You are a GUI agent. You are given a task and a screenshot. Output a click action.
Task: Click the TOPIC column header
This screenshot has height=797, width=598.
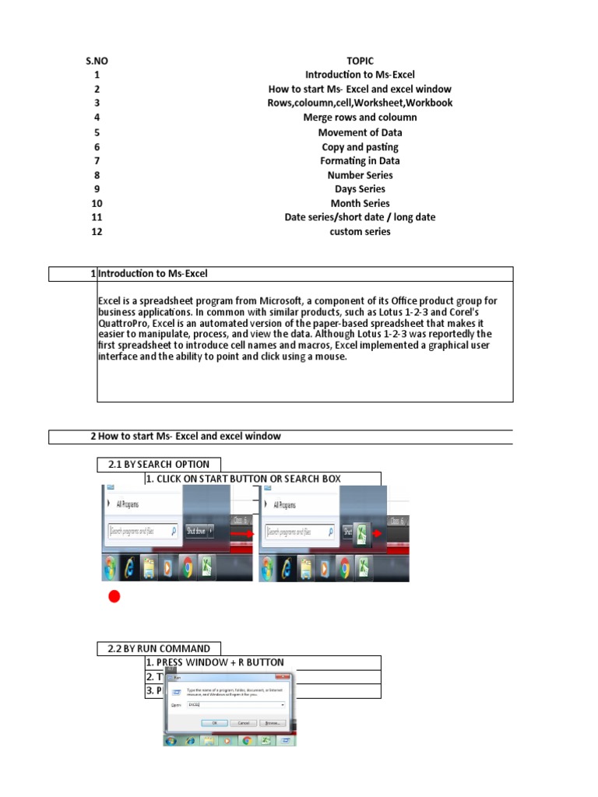point(360,61)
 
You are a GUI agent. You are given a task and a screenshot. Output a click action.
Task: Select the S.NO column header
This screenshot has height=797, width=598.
point(97,61)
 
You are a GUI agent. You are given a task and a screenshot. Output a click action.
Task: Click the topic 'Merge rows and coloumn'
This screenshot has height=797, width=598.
point(360,118)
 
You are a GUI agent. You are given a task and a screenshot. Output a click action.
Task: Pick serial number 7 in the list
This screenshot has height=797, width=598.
point(97,161)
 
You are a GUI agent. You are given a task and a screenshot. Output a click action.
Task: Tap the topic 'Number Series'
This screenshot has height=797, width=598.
point(360,175)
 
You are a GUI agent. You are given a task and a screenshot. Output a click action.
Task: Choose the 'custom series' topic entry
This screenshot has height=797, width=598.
point(360,231)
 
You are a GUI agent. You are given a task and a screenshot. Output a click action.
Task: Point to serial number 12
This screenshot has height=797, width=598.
point(97,231)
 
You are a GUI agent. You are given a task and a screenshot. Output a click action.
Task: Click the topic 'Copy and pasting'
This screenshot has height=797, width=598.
point(360,147)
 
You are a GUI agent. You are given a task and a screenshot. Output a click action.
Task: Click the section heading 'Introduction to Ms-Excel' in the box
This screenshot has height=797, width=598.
point(153,274)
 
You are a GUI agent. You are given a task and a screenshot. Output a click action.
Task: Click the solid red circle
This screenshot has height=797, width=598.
point(114,597)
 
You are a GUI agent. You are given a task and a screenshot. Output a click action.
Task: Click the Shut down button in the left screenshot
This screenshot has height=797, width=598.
point(198,532)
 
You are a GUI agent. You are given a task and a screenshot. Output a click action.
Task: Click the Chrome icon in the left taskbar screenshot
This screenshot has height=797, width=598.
point(186,569)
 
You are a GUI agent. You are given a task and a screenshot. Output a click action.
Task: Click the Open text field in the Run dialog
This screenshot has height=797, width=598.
point(234,704)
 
